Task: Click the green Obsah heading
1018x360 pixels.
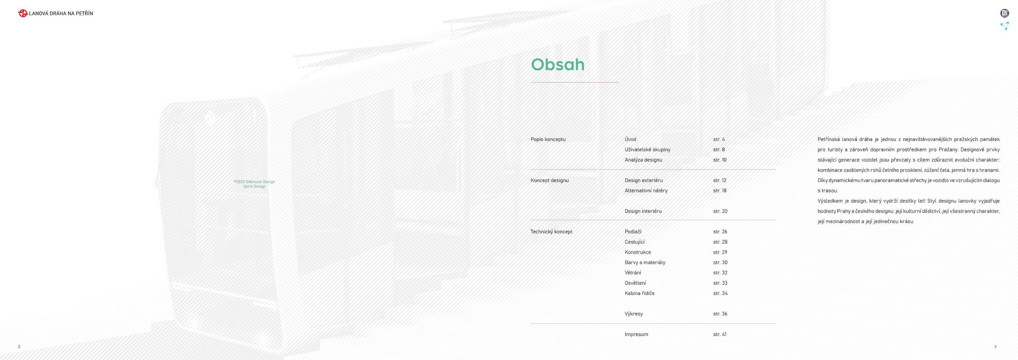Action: pos(558,64)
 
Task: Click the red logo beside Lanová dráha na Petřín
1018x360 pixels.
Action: pos(23,13)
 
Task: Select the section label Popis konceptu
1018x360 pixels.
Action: pos(548,140)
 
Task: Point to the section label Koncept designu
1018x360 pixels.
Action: pos(550,181)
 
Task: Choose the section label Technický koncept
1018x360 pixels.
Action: pos(551,232)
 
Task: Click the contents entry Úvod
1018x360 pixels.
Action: pos(630,139)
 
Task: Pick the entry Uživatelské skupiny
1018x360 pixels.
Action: pos(647,150)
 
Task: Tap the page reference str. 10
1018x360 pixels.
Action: pos(720,160)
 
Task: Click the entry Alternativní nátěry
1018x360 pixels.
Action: pos(646,191)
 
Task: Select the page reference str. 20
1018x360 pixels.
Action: pos(720,211)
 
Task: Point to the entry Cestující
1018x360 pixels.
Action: pos(635,242)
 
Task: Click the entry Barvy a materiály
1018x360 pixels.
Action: pos(645,263)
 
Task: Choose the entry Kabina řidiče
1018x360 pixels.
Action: pos(639,293)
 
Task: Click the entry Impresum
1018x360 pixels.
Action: pos(636,335)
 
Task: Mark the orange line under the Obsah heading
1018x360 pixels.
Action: pos(575,82)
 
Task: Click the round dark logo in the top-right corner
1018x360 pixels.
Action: pos(1005,13)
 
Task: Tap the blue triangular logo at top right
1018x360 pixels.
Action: pos(1005,26)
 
